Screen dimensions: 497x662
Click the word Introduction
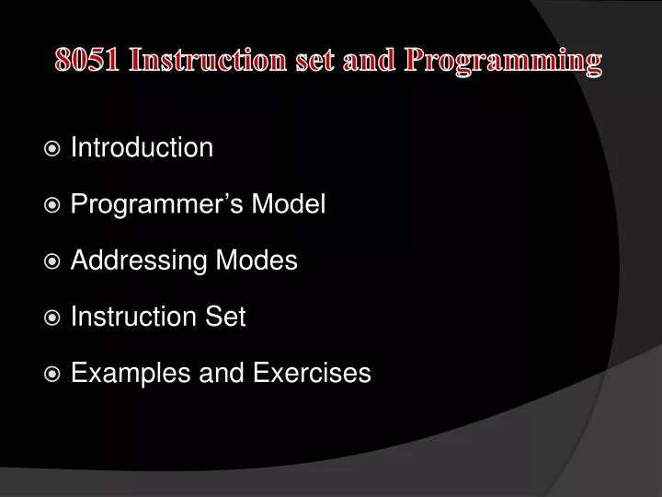142,148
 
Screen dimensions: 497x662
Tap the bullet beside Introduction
53,148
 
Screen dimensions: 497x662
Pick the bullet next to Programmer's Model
53,205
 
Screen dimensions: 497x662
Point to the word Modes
265,261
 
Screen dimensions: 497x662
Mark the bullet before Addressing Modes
53,261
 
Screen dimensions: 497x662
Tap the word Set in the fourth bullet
224,318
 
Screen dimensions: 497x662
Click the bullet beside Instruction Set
53,318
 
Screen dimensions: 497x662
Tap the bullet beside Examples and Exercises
53,374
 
